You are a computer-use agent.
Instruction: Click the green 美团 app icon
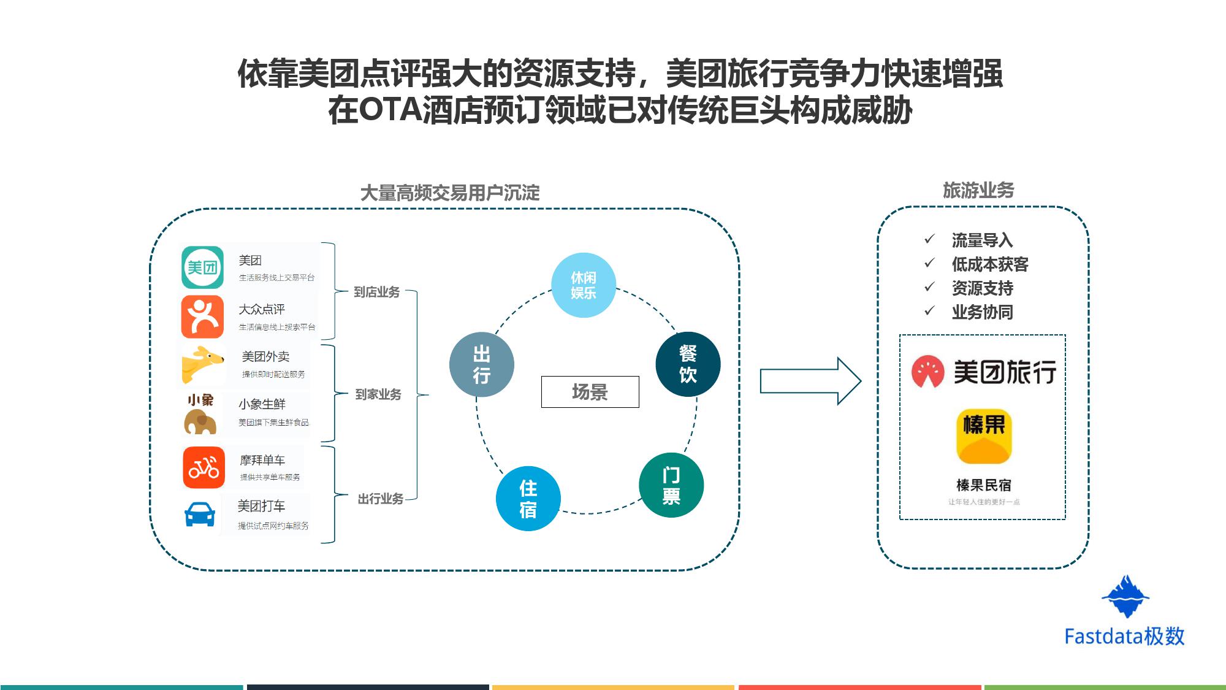202,267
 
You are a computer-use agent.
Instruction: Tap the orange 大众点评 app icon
202,316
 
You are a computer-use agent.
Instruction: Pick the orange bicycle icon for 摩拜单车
204,467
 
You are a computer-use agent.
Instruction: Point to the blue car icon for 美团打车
200,515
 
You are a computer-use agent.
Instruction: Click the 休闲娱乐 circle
584,285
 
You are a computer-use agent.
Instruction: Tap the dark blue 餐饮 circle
688,364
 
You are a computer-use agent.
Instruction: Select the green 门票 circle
671,485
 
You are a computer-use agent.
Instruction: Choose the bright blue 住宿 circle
528,499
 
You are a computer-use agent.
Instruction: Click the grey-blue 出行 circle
482,364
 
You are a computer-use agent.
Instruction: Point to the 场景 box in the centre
590,392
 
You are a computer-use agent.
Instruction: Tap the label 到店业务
376,292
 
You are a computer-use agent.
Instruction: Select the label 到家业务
378,394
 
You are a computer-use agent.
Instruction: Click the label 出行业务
380,499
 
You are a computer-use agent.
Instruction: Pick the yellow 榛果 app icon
984,436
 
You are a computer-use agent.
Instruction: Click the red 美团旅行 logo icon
927,372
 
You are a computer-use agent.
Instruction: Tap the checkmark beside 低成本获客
929,263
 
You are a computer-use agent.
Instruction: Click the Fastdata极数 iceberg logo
1125,596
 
